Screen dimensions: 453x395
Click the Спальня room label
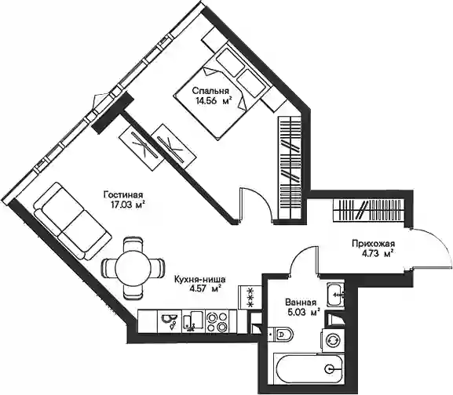coord(210,91)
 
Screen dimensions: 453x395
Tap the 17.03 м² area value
coord(127,205)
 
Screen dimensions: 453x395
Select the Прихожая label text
coord(373,244)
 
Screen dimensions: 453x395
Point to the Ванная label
coord(301,303)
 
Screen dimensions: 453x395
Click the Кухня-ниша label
coord(200,279)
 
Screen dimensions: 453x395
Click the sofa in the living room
coord(72,221)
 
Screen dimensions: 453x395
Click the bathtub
coord(309,368)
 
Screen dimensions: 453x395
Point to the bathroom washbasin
coord(335,295)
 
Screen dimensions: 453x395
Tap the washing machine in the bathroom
coord(333,340)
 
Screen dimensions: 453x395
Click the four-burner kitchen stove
coord(217,322)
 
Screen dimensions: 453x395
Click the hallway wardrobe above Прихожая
coord(369,211)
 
